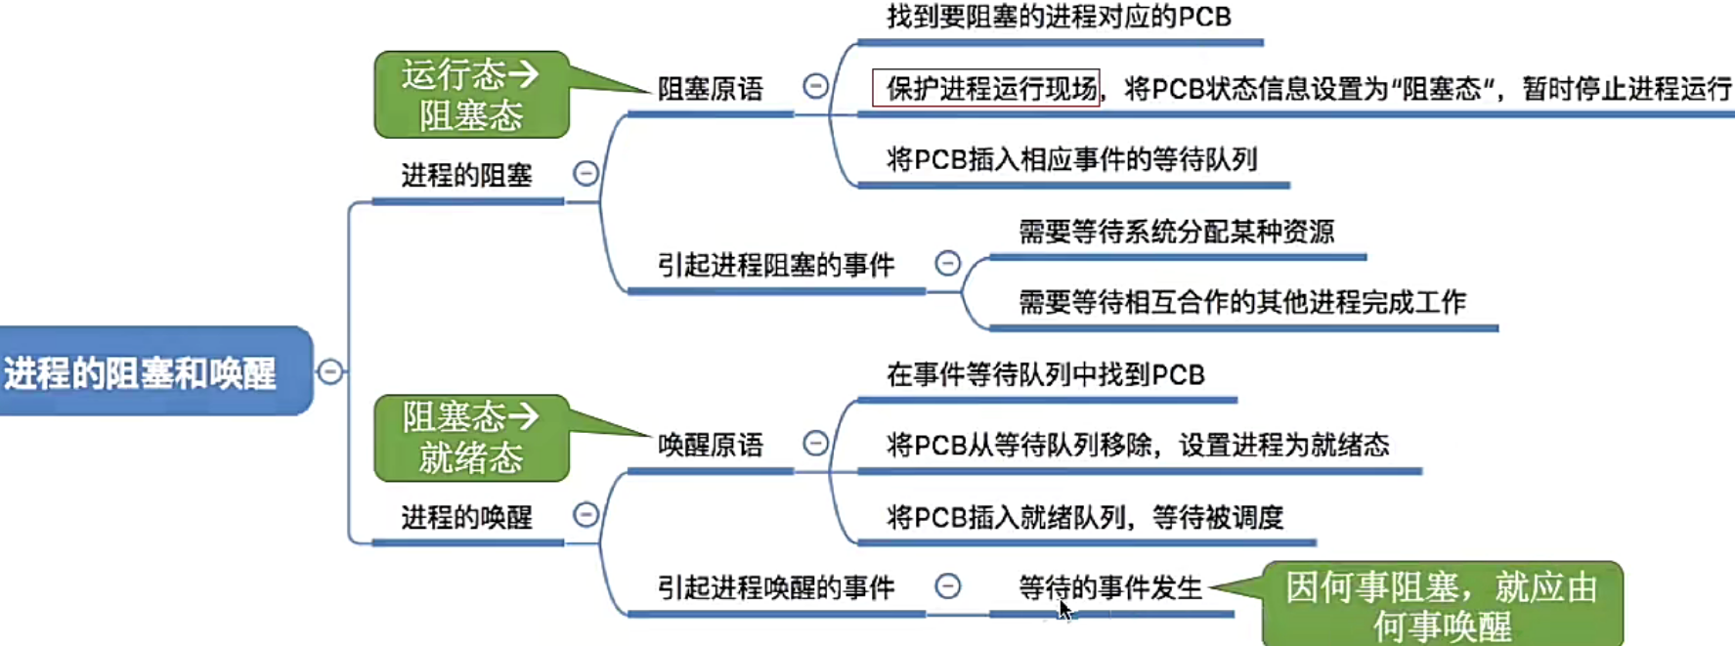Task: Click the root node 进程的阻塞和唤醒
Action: [x=142, y=372]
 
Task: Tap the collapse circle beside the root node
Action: [x=330, y=371]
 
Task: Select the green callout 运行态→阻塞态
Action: [x=470, y=95]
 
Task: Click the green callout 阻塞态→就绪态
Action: [x=470, y=438]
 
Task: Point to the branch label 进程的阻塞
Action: [x=466, y=176]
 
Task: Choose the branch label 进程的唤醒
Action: [x=466, y=517]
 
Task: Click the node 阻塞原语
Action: [x=710, y=89]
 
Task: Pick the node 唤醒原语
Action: [x=710, y=446]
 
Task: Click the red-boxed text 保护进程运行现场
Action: [x=987, y=89]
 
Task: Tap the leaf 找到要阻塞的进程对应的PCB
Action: [x=1059, y=18]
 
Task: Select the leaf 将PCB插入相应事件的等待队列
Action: [x=1071, y=159]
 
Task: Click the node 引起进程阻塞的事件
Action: [x=775, y=265]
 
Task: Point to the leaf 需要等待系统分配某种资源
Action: [x=1176, y=232]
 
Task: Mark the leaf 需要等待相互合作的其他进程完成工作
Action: [x=1241, y=302]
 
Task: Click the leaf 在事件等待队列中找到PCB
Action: [x=1045, y=374]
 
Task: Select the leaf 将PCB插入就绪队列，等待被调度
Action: [x=1084, y=517]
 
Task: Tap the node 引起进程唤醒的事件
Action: [x=775, y=587]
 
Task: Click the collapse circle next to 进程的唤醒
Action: [x=586, y=514]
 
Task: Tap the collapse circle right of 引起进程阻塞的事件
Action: [x=947, y=263]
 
